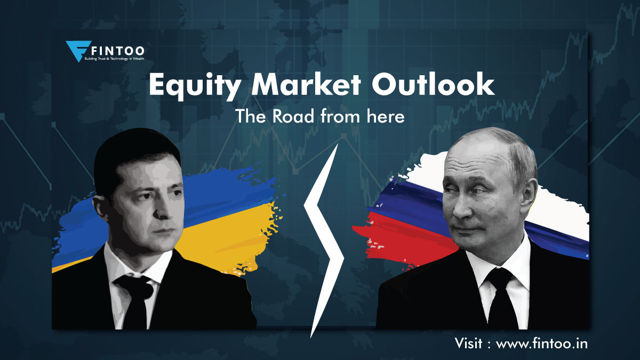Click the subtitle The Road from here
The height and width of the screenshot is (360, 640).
(320, 117)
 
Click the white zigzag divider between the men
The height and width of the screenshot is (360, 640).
(324, 235)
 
